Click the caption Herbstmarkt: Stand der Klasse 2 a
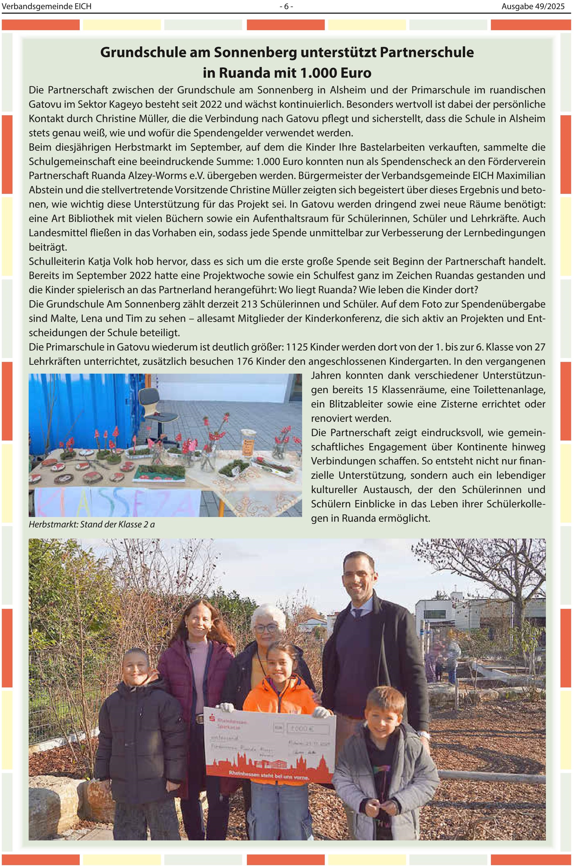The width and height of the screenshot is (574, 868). [x=91, y=524]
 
